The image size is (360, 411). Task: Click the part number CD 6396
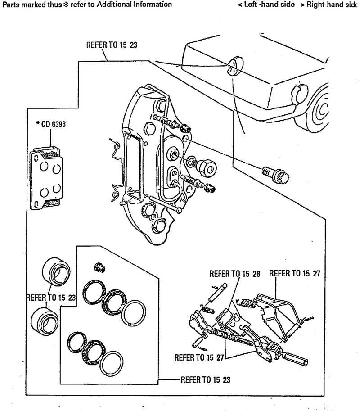tap(54, 124)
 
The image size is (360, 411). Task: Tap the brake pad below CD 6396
tap(46, 179)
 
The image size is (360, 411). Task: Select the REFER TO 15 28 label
tap(235, 274)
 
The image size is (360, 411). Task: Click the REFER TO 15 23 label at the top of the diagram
tap(112, 45)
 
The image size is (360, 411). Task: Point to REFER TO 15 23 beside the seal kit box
tap(206, 379)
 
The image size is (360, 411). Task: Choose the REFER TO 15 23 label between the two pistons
tap(51, 298)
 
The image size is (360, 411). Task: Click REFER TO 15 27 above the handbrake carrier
tap(295, 273)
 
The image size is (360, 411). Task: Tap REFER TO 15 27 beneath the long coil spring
tap(199, 357)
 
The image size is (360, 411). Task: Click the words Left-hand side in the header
tap(270, 5)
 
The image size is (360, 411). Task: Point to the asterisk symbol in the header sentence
tap(66, 5)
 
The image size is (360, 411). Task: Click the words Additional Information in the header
tap(135, 4)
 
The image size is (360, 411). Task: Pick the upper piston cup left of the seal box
tap(56, 271)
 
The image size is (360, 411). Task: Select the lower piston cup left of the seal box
tap(45, 321)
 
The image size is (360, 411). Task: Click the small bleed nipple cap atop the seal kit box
tap(99, 267)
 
